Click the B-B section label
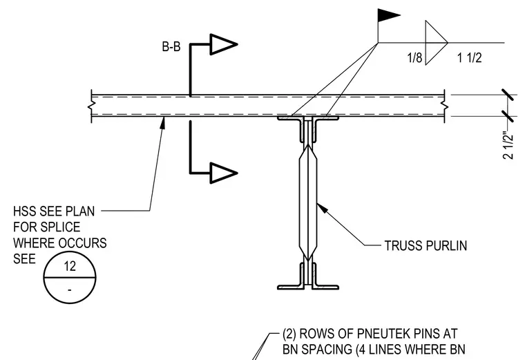171,46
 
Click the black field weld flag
388,15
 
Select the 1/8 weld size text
414,58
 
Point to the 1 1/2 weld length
470,58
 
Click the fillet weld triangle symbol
437,43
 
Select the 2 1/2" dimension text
508,146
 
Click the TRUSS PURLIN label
426,245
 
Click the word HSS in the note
25,211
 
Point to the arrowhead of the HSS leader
163,122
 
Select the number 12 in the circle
70,266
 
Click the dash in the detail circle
70,290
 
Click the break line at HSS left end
91,106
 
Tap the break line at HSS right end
445,106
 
